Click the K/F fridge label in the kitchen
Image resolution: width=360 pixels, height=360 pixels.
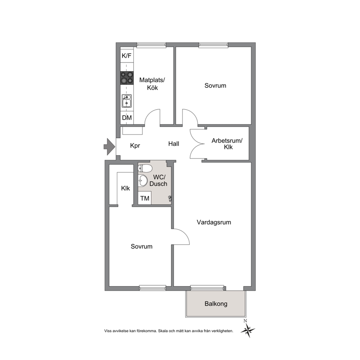(127, 56)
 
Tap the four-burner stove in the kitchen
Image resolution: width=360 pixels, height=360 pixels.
(127, 78)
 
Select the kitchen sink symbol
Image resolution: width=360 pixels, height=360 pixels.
(127, 101)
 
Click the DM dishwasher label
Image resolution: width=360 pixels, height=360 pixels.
(127, 118)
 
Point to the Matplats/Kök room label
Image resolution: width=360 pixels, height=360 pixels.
(152, 84)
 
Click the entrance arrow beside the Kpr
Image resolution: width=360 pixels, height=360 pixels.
(109, 147)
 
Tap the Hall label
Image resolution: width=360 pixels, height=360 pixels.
(173, 144)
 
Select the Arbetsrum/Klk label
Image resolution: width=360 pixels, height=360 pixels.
(227, 144)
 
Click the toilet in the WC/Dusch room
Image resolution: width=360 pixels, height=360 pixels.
(145, 168)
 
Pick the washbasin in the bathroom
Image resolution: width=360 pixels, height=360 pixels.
(143, 180)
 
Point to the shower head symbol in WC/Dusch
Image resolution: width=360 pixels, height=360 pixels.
(170, 199)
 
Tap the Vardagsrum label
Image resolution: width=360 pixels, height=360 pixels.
(214, 222)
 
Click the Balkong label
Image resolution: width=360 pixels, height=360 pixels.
(216, 304)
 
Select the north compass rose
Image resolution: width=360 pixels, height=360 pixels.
(248, 330)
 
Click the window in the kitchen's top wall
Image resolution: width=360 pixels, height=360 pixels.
(151, 45)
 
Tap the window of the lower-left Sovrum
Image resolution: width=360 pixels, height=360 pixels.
(153, 288)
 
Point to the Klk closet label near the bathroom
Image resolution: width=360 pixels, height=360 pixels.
(125, 188)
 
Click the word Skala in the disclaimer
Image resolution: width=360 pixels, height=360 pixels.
(163, 331)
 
